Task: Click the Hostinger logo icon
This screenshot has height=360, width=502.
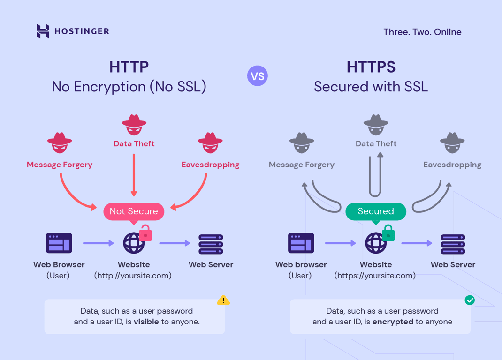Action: coord(43,31)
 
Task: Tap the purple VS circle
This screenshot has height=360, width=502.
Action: coord(257,76)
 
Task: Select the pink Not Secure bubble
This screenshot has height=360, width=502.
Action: coord(134,211)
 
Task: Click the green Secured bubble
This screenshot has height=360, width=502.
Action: coord(376,211)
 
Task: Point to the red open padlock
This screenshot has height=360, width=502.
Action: coord(145,233)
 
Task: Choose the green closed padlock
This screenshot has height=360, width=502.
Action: coord(388,233)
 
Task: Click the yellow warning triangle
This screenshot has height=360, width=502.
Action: coord(223,300)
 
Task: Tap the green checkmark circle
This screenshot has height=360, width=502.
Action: coord(469,300)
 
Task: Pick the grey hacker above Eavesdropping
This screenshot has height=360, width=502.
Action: coord(452,143)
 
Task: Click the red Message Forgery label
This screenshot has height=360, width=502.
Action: coord(60,165)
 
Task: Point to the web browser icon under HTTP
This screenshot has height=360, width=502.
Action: coord(59,243)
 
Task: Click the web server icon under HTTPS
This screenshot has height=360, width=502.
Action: coord(453,244)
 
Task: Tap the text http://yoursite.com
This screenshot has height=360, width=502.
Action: coord(133,276)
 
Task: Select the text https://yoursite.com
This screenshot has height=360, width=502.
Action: coord(375,276)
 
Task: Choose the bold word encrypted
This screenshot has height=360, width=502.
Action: coord(393,322)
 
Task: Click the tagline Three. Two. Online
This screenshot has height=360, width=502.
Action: coord(422,32)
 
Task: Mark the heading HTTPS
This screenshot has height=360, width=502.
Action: coord(371,67)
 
